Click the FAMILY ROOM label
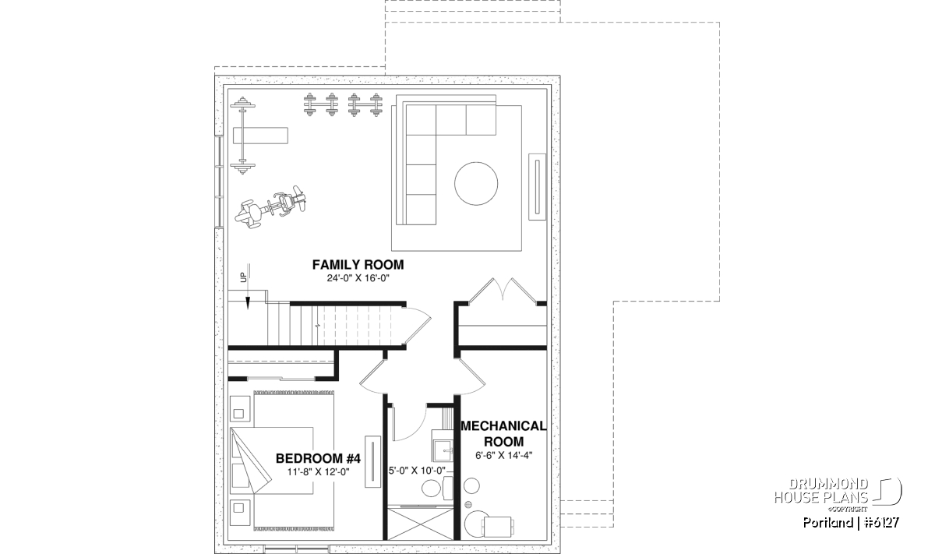pos(358,265)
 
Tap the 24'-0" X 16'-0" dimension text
pos(358,278)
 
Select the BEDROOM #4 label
pos(318,458)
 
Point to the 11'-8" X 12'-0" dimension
pos(318,471)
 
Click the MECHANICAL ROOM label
pos(503,433)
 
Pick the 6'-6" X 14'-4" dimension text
pos(504,455)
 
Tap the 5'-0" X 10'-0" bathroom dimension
pos(417,470)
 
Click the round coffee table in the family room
pos(476,184)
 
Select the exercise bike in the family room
pos(270,207)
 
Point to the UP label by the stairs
pos(243,277)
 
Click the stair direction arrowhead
pos(248,303)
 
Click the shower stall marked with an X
pos(420,524)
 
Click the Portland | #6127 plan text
pos(851,523)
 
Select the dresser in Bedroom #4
pos(372,461)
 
